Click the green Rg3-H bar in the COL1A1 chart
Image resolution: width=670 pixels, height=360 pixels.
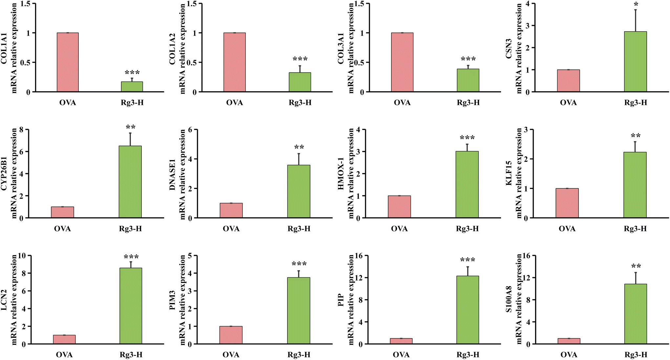click(132, 87)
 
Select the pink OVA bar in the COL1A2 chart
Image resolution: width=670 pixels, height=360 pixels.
click(235, 62)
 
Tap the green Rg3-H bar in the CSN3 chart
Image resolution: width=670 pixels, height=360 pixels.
click(636, 62)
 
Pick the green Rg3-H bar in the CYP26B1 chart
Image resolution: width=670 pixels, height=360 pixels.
click(130, 182)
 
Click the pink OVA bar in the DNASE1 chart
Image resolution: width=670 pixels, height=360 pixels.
click(231, 210)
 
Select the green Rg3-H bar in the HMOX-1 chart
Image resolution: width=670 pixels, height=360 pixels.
click(467, 184)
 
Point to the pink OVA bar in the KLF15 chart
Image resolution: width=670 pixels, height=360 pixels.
click(567, 203)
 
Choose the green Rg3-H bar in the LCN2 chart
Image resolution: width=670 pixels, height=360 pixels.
click(131, 306)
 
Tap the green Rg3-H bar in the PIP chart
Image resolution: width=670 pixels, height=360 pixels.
click(468, 310)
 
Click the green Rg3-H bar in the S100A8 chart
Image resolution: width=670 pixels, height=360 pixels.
click(636, 314)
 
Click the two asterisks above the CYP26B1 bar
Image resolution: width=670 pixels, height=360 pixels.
click(131, 127)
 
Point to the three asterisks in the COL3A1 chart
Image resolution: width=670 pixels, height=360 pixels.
click(468, 59)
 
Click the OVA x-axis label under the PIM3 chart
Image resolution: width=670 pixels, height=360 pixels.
click(231, 355)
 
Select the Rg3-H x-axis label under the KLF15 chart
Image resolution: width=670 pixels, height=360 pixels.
click(635, 229)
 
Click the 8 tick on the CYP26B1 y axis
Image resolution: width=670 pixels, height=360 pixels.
click(22, 130)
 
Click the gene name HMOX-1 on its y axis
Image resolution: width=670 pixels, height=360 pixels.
click(341, 174)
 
